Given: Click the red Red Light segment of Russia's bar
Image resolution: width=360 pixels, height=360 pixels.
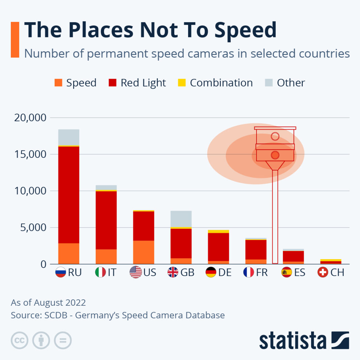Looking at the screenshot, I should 69,194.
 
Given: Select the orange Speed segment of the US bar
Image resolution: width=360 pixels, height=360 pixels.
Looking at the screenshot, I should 144,252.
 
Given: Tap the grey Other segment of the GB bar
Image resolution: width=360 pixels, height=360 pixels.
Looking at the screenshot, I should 181,219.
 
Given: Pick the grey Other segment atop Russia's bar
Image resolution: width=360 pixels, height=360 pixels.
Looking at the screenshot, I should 69,137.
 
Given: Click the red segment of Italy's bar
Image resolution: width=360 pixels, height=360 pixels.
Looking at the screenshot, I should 106,220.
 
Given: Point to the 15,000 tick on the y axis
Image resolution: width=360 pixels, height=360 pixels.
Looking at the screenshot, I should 29,154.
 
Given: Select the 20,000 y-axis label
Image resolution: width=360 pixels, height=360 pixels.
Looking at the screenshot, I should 29,118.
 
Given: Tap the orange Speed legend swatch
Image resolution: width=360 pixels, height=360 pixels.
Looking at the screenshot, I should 58,83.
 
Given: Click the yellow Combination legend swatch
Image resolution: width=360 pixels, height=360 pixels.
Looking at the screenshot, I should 182,83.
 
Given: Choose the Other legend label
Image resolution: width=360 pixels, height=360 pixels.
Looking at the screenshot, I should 291,83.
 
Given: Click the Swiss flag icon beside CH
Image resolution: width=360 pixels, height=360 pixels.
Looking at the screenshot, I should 323,272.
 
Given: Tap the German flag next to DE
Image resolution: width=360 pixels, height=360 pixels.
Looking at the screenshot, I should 211,272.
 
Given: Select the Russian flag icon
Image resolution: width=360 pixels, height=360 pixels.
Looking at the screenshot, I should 61,272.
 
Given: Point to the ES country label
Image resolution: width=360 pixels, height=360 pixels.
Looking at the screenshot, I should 299,272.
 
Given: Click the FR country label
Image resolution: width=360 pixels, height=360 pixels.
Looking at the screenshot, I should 262,272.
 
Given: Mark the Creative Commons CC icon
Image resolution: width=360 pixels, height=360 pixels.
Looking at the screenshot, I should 19,340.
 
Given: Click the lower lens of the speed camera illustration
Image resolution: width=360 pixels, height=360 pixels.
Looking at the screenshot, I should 275,155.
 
